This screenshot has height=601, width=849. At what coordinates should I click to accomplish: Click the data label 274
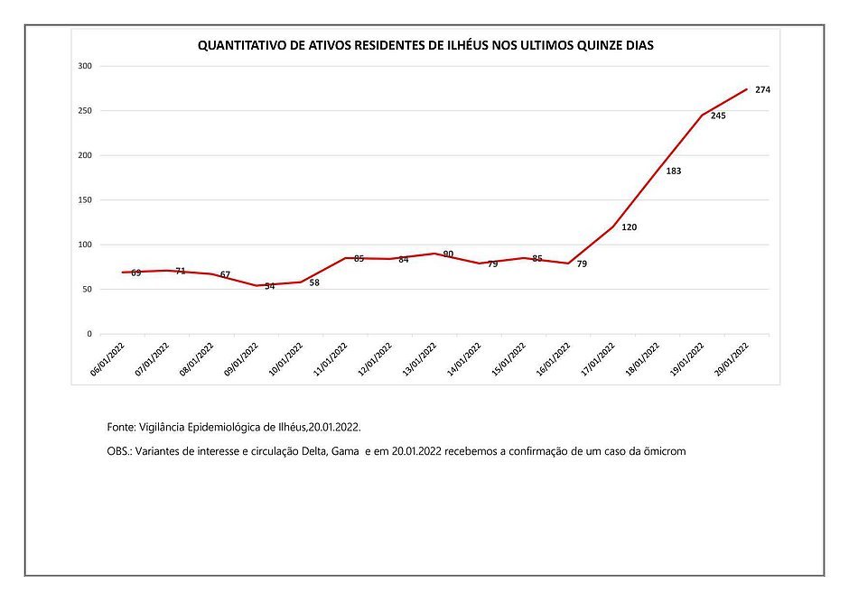click(x=762, y=90)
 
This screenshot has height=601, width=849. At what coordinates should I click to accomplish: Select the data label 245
click(x=719, y=116)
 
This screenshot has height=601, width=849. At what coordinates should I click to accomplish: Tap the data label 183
click(x=674, y=171)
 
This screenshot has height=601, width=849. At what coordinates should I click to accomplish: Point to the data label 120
click(x=630, y=227)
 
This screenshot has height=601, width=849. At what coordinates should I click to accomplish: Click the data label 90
click(x=449, y=254)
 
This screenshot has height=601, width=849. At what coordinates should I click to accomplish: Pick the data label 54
click(x=270, y=286)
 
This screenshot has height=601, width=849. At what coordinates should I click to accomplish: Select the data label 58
click(x=314, y=282)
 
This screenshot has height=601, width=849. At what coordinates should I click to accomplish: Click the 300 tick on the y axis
click(x=85, y=67)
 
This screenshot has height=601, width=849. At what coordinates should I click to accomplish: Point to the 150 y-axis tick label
click(x=85, y=200)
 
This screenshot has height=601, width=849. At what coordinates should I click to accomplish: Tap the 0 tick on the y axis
click(x=89, y=334)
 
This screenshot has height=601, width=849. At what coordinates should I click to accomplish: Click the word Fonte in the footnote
click(x=121, y=425)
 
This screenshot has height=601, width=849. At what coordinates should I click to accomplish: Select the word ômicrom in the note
click(x=665, y=451)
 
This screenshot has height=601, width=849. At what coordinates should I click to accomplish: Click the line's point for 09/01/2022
click(x=257, y=286)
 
